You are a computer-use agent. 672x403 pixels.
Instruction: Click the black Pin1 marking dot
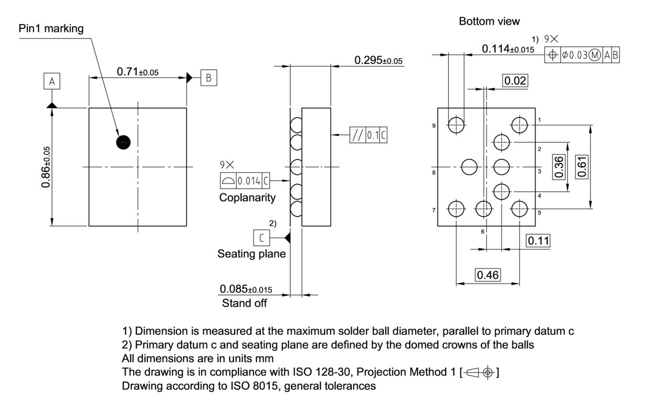tap(123, 141)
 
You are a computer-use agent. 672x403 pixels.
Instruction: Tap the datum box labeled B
tap(208, 78)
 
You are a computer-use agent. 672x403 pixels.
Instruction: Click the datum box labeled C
tap(261, 237)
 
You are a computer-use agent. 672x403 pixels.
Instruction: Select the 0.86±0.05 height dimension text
tap(47, 167)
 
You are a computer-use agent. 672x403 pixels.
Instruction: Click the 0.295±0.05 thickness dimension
tap(378, 60)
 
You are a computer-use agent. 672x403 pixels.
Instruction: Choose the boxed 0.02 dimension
tap(515, 81)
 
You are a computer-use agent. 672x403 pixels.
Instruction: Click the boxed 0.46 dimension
tap(488, 275)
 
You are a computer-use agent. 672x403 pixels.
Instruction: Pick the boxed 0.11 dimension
tap(538, 241)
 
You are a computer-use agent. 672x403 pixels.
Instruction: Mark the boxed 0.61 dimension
tap(582, 167)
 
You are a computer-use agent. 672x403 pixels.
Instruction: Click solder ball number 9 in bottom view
tap(456, 125)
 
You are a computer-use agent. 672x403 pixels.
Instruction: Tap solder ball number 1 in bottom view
tap(520, 125)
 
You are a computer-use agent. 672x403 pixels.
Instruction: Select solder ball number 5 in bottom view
tap(520, 209)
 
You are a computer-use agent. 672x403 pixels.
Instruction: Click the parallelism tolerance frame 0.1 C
tap(369, 135)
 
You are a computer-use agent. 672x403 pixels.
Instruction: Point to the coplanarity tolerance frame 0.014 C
tap(245, 181)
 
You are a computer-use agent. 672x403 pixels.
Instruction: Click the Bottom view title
tap(489, 21)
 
